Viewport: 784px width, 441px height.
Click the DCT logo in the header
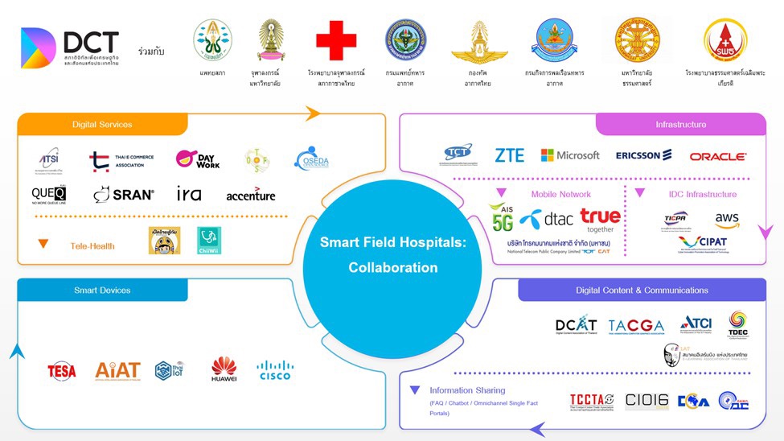point(70,47)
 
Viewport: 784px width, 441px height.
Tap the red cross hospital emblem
point(335,42)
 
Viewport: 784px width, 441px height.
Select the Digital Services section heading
point(102,125)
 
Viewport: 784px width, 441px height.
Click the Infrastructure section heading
point(680,125)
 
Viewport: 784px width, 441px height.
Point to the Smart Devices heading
point(102,290)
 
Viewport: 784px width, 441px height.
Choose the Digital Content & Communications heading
point(642,290)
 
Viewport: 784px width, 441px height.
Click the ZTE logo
point(509,155)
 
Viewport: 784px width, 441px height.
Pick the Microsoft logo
point(570,155)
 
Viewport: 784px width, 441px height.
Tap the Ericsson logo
point(643,155)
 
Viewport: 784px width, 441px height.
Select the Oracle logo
point(717,156)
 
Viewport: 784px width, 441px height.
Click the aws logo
point(726,220)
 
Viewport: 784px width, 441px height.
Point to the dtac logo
point(547,218)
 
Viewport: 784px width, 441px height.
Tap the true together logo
point(600,220)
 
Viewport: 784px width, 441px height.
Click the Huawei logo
point(224,369)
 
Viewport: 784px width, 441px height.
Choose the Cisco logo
point(275,370)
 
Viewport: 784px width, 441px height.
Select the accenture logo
point(250,195)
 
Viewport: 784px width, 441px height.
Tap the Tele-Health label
point(92,246)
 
